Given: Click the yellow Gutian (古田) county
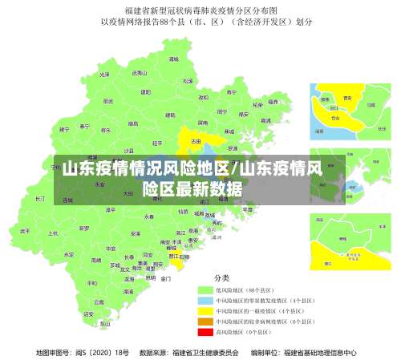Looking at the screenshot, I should (195, 140).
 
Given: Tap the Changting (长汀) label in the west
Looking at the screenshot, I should (41, 198).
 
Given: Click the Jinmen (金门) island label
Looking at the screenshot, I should (165, 279).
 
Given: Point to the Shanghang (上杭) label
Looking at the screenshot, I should (53, 233).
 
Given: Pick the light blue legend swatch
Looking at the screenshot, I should (205, 300).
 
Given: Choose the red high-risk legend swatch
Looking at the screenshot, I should (205, 331).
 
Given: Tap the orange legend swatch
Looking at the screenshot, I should (205, 321).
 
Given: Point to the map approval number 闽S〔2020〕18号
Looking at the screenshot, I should (83, 352).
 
